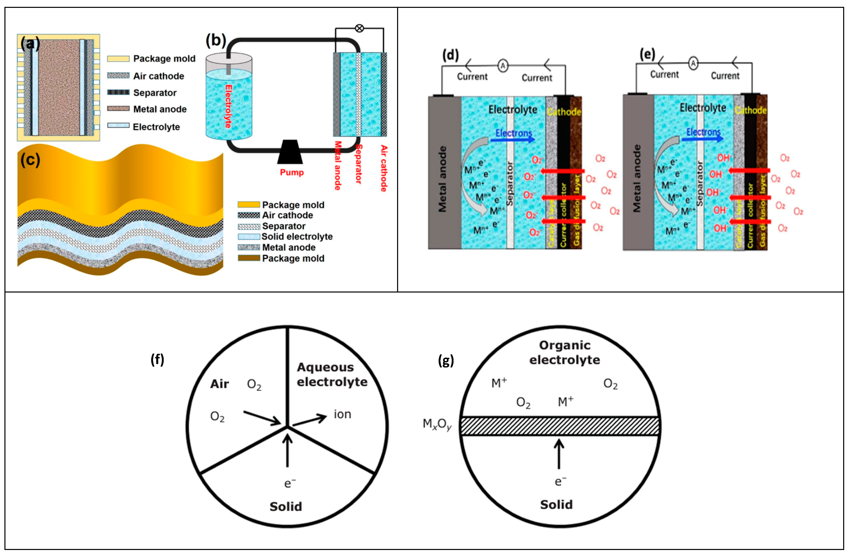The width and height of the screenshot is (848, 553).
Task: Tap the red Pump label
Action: click(x=291, y=173)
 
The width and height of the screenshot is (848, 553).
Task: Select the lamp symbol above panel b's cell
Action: click(x=360, y=28)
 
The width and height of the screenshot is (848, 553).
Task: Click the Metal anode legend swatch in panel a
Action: click(x=118, y=109)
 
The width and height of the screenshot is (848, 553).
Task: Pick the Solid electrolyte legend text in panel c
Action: click(x=297, y=237)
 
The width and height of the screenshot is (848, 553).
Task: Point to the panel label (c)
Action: click(x=30, y=160)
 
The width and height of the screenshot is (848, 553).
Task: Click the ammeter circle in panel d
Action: click(x=503, y=65)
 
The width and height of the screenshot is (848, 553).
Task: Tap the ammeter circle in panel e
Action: click(x=693, y=64)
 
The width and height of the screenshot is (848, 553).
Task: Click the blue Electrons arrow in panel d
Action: click(x=513, y=139)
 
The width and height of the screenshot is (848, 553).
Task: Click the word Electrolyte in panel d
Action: click(x=512, y=110)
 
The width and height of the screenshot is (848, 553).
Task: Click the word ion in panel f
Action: click(x=342, y=414)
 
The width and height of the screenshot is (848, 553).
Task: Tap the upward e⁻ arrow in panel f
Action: click(x=287, y=450)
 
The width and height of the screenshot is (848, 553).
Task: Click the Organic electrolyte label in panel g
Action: click(x=564, y=353)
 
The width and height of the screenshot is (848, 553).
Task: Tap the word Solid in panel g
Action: click(x=556, y=505)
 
